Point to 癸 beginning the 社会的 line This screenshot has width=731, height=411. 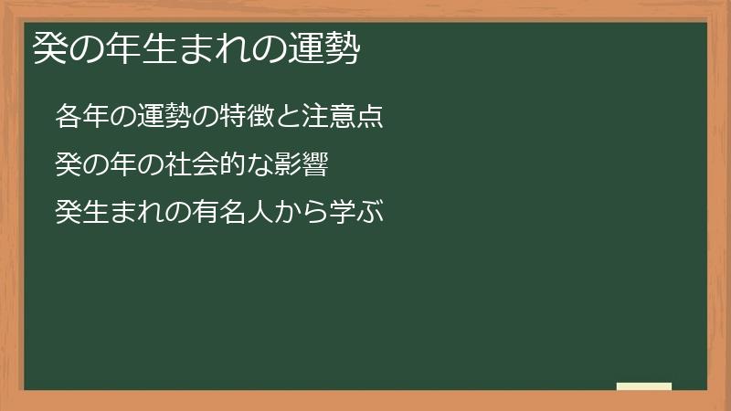[67, 165]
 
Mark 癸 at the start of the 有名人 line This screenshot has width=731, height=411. [67, 214]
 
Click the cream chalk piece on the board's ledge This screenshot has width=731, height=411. [644, 386]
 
